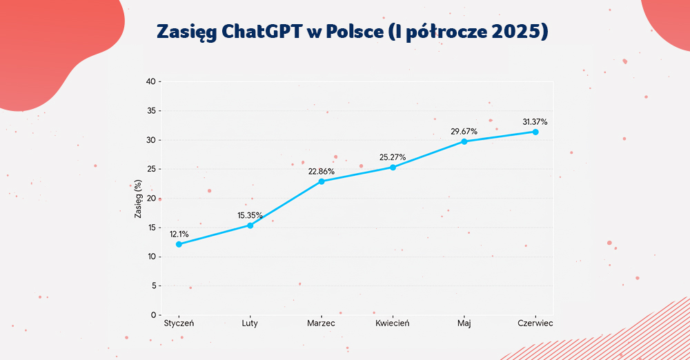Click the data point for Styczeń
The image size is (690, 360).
point(179,244)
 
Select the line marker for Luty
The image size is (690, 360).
point(250,226)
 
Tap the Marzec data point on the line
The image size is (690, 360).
point(322,181)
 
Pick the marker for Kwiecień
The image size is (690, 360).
point(393,168)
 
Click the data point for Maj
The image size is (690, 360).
point(464,141)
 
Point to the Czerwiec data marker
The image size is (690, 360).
point(535,132)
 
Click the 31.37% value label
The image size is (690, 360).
point(535,122)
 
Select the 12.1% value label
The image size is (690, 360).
point(179,234)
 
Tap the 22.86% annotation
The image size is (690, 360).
point(321,172)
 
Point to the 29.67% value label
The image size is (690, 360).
point(464,132)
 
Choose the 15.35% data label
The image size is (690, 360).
point(250,215)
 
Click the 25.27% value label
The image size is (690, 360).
point(393,157)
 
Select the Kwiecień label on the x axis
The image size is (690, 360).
point(393,323)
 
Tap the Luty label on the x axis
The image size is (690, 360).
point(250,323)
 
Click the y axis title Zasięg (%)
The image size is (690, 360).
point(138,200)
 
